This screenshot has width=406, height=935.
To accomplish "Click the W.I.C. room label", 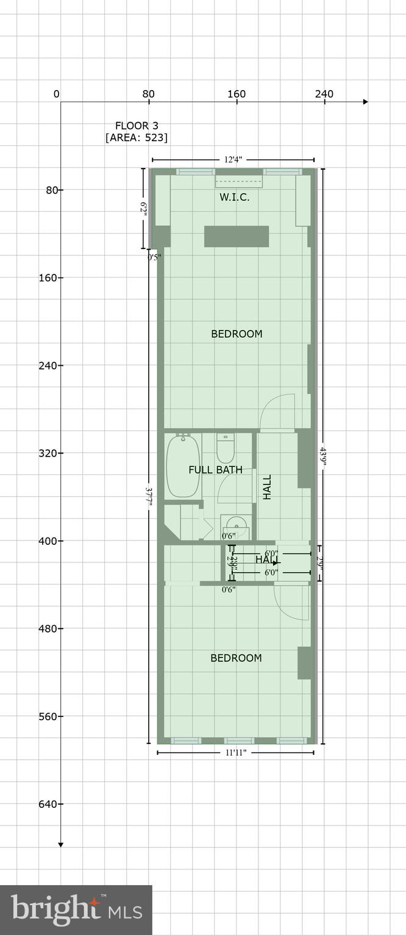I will pos(235,197).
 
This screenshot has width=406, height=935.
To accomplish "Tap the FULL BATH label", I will pos(215,469).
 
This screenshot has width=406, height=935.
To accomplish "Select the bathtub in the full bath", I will pos(182,466).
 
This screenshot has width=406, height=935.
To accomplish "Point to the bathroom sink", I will pos(235,526).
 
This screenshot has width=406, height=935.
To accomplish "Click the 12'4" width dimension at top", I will pos(233,159).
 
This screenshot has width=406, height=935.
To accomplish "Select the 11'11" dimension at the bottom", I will pos(235,753).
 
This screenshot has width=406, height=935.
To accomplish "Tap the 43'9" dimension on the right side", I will pos(323,457).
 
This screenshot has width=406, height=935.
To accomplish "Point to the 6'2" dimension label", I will pos(144,209).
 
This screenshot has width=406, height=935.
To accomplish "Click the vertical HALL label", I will pos(267,487).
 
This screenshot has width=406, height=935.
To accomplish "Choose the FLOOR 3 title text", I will pos(137,125).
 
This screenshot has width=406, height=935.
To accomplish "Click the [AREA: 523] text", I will pos(137,138).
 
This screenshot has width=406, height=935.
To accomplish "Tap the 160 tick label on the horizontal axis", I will pos(237,94).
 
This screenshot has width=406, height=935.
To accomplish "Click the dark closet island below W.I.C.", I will pos(237,236).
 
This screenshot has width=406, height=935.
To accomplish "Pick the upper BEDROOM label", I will pos(237,334).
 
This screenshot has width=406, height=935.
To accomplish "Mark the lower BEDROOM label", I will pos(236,658).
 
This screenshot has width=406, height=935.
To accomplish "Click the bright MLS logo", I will pos(76,909).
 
